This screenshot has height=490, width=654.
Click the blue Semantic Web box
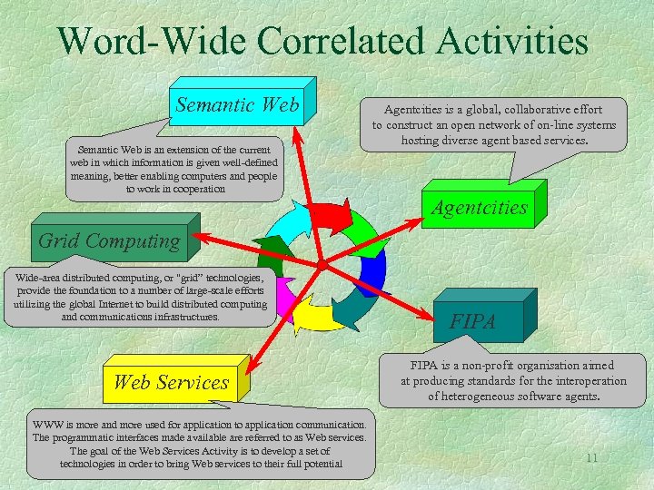(238, 105)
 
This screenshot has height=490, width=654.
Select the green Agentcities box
(479, 208)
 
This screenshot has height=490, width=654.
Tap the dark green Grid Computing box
(109, 241)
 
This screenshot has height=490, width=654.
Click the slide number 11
(591, 458)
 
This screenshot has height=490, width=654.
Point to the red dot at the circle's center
(322, 264)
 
